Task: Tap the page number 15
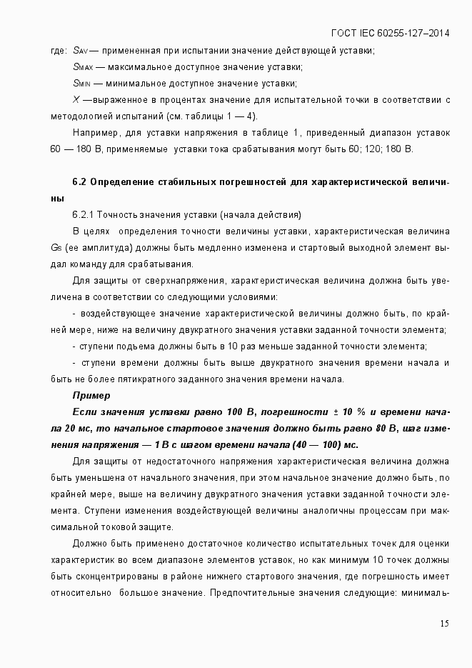(x=444, y=624)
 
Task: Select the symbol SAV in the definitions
(x=80, y=50)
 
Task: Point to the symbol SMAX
(x=82, y=66)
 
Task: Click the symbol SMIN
(x=81, y=83)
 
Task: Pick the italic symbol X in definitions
(x=76, y=99)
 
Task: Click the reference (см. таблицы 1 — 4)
(x=217, y=116)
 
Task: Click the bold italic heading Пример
(x=91, y=395)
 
